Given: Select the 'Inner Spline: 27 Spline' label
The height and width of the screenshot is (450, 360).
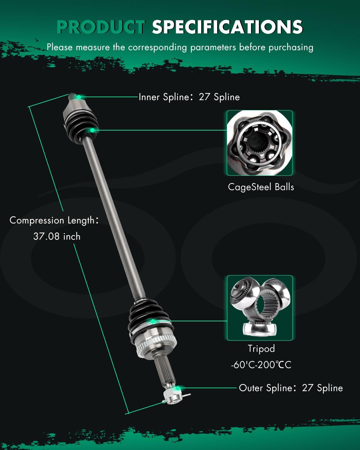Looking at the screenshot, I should pyautogui.click(x=189, y=97).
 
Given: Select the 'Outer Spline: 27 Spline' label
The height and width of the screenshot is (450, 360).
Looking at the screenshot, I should pyautogui.click(x=291, y=388).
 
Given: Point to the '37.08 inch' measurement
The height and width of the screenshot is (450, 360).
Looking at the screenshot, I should pyautogui.click(x=57, y=236).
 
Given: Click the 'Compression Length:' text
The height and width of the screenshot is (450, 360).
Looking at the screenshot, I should pyautogui.click(x=54, y=220).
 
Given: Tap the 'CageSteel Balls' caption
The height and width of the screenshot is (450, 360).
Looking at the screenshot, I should pyautogui.click(x=261, y=187).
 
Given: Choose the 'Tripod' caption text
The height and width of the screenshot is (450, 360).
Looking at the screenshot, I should pyautogui.click(x=261, y=349).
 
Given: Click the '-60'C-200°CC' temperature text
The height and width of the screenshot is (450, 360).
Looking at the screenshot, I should pyautogui.click(x=261, y=365).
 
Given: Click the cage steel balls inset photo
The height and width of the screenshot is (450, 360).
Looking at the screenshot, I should pyautogui.click(x=259, y=143).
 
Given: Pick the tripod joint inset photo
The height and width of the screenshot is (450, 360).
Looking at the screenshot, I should pyautogui.click(x=259, y=308).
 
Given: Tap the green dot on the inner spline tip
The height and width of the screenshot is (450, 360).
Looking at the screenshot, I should pyautogui.click(x=79, y=97).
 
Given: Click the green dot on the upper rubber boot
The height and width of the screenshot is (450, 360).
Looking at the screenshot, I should pyautogui.click(x=92, y=130).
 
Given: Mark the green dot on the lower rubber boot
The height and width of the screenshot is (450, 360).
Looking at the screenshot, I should pyautogui.click(x=153, y=321).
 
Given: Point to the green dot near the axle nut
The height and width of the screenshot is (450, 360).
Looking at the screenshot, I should pyautogui.click(x=178, y=388).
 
